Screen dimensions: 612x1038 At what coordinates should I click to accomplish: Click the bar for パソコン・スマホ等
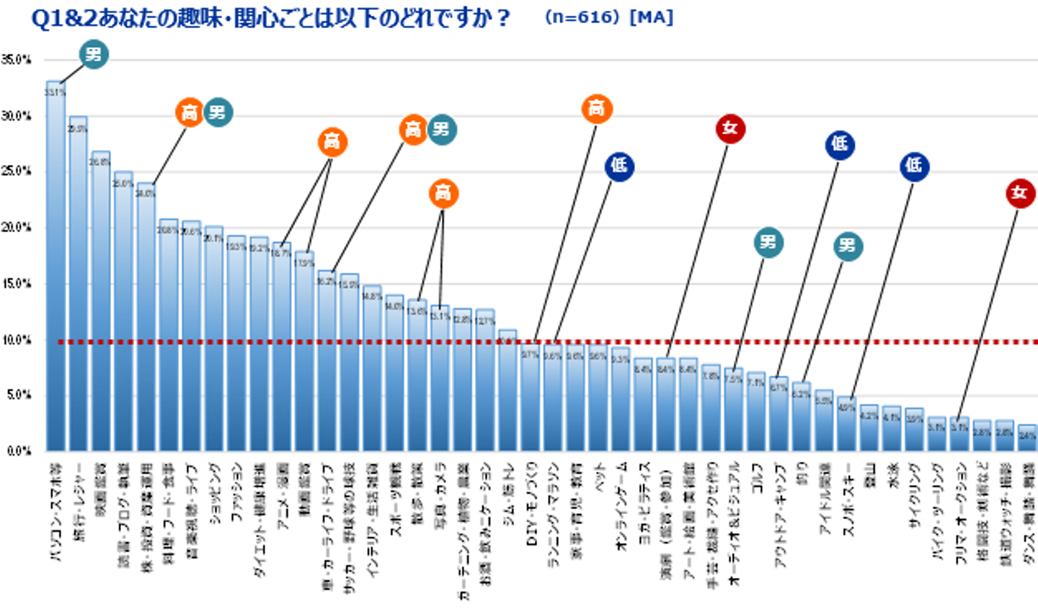point(56,267)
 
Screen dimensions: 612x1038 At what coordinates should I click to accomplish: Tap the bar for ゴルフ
point(756,412)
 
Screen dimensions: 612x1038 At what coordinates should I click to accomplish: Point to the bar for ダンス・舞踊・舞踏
point(1027,438)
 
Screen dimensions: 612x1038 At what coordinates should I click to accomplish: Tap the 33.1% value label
point(55,92)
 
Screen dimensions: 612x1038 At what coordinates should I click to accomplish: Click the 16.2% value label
point(327,281)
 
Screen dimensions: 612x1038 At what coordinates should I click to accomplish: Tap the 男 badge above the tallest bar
point(94,55)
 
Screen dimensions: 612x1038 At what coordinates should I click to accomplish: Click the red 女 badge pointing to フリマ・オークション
point(1019,192)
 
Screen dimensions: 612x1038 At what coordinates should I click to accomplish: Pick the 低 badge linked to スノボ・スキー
point(914,167)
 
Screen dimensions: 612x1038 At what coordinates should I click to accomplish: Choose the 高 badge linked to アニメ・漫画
point(332,141)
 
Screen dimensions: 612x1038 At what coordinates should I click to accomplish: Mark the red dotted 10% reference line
point(548,342)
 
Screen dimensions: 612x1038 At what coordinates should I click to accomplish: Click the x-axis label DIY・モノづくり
point(531,504)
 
